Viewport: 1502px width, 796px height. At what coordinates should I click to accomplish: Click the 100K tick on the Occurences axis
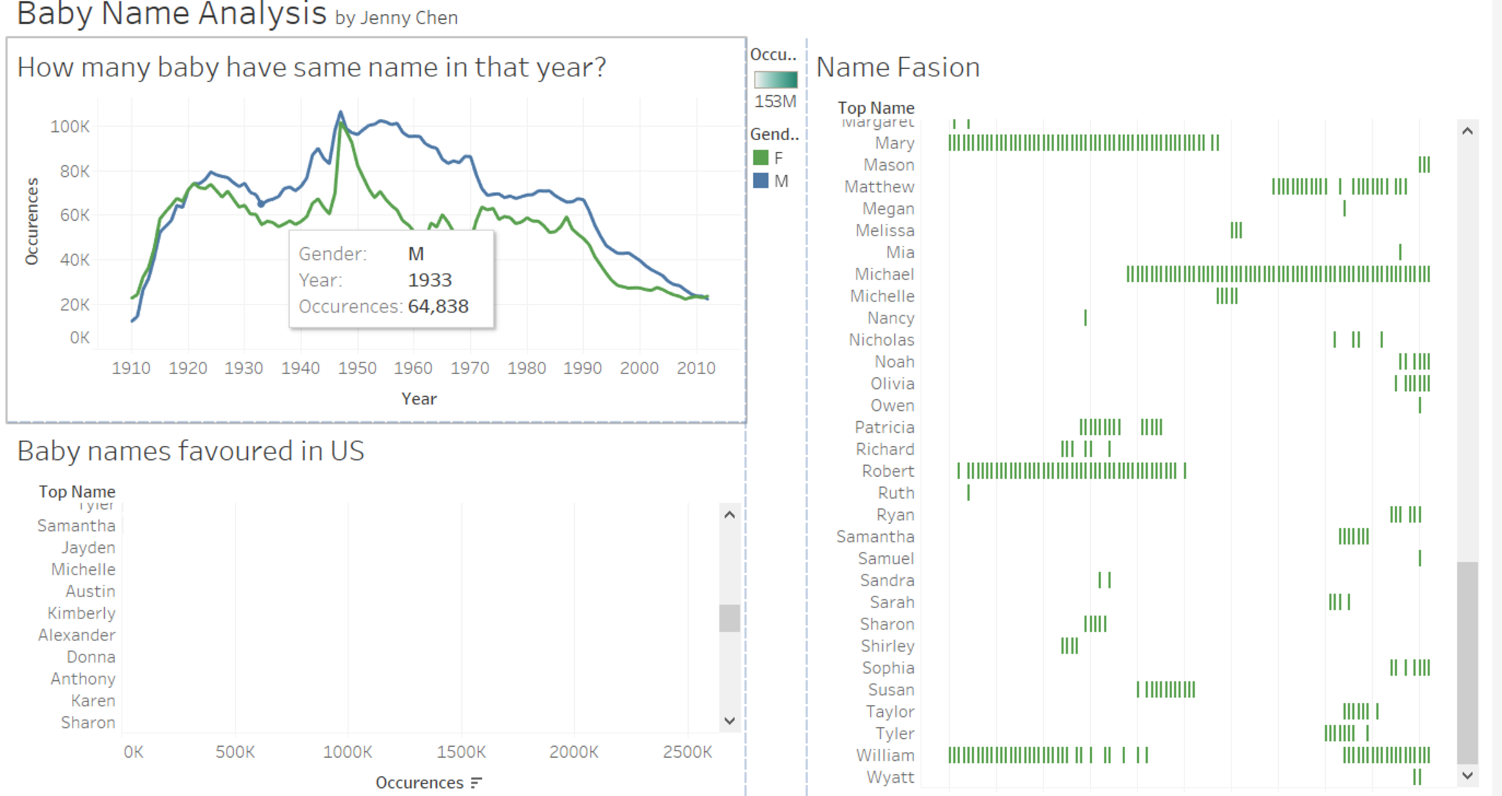(x=70, y=126)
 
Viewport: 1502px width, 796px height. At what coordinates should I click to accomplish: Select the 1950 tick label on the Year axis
(x=357, y=368)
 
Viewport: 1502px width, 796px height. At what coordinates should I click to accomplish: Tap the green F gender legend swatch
(x=761, y=158)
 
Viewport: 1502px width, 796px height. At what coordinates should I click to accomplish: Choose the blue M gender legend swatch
(x=761, y=180)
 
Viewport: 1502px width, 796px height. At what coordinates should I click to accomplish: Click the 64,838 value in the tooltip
(x=438, y=307)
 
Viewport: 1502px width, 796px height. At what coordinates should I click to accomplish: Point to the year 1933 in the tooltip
(x=430, y=280)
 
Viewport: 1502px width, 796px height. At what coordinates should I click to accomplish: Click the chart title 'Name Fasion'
(x=898, y=67)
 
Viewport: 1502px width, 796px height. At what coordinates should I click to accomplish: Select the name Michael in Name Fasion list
(x=884, y=274)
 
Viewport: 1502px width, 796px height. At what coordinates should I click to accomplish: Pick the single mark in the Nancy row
(x=1085, y=318)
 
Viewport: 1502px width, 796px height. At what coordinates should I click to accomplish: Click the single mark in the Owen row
(x=1420, y=405)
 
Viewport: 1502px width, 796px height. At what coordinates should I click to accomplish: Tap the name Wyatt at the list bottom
(x=890, y=777)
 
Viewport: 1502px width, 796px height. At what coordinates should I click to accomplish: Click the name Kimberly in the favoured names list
(x=81, y=613)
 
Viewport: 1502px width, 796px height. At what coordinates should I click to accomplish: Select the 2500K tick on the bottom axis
(x=687, y=752)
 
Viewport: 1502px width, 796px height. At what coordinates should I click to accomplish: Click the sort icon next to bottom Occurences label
(x=477, y=783)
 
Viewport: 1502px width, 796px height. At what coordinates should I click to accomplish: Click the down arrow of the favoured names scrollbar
(x=729, y=720)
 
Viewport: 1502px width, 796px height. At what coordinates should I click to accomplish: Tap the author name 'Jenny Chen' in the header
(x=409, y=18)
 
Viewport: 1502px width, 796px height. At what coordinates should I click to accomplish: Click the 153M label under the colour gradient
(x=775, y=101)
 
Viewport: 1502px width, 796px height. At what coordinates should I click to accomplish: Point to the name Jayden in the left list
(x=88, y=547)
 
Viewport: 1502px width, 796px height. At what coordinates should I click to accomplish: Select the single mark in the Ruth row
(x=968, y=493)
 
